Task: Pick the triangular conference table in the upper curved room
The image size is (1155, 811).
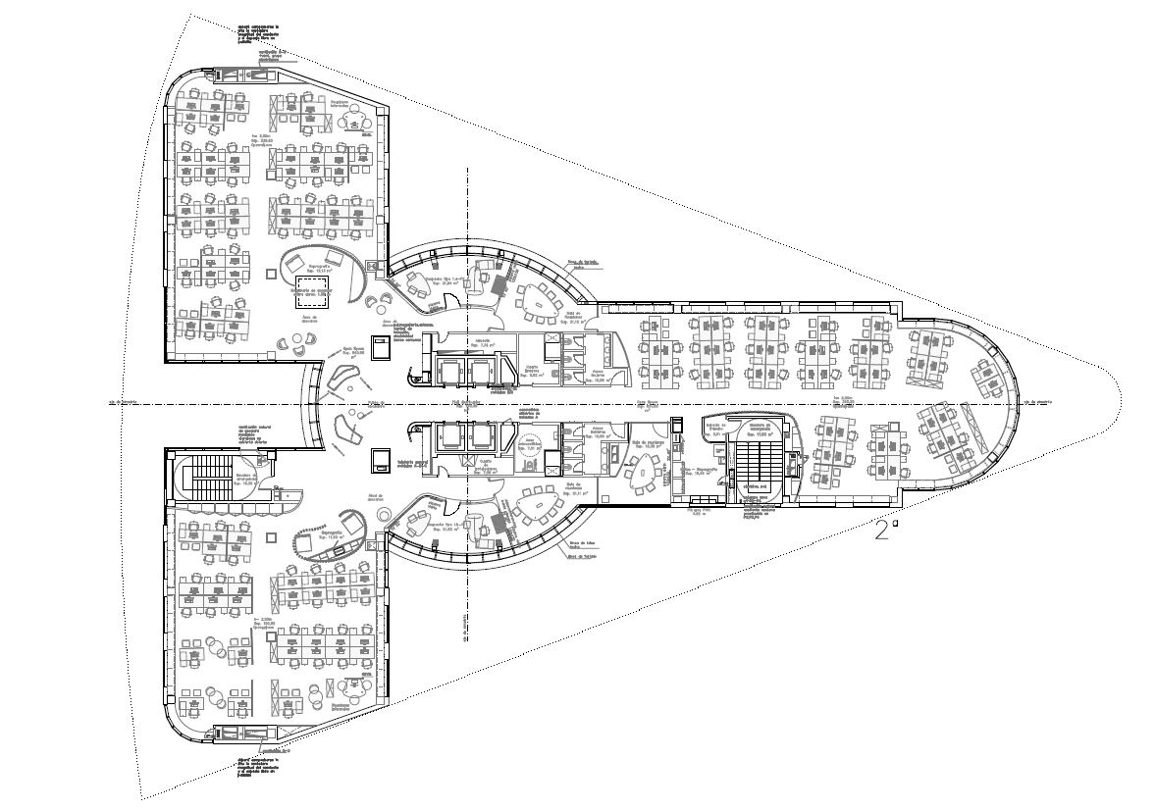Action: (x=536, y=301)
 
